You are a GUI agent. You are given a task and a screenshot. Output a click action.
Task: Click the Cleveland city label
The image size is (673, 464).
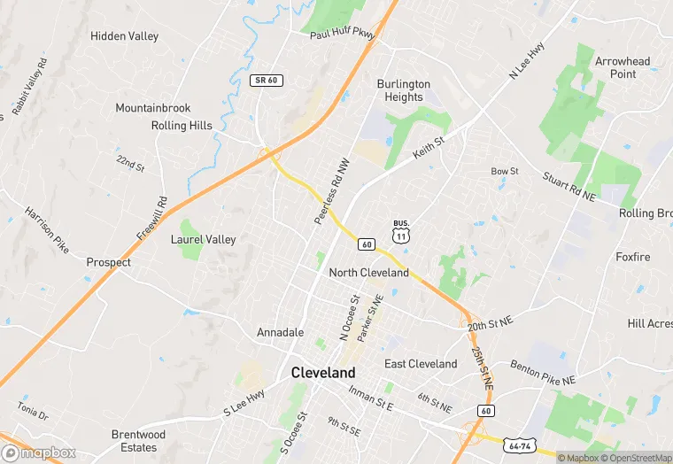coord(323,374)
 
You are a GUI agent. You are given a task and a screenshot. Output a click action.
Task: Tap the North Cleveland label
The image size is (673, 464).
coord(369,273)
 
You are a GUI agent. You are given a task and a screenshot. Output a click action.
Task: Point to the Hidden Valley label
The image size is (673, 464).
coord(125,36)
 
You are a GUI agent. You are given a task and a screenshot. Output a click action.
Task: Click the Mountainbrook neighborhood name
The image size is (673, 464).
coord(153,108)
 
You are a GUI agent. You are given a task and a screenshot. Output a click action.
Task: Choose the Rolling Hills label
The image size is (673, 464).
coord(182,126)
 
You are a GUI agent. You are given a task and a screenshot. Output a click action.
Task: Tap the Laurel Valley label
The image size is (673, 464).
coord(204,239)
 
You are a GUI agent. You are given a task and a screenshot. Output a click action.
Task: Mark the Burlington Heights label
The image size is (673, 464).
coord(404,90)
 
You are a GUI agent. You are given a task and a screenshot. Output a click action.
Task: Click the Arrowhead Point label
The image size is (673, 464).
coord(623,67)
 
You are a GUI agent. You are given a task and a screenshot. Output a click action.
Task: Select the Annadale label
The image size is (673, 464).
coord(281,332)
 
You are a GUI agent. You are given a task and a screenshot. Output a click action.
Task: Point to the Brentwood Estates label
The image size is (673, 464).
coord(138,441)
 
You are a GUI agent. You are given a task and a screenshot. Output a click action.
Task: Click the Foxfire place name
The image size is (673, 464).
coord(633,257)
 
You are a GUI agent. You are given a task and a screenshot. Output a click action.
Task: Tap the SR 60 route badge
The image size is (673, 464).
coord(266,81)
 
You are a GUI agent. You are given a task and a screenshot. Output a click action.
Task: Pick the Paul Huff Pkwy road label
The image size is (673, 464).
coord(342,34)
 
